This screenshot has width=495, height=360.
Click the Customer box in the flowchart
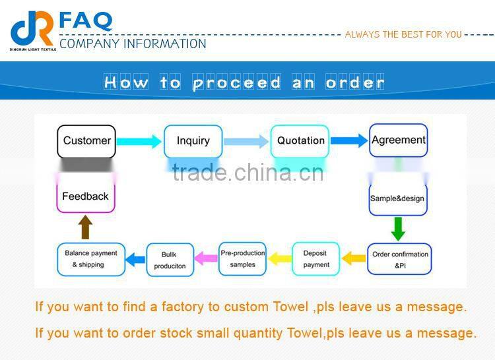(86, 140)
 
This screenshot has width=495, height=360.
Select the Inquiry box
(193, 140)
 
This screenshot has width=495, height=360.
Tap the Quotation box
(300, 140)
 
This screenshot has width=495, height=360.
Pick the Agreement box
(398, 140)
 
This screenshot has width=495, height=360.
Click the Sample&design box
(397, 198)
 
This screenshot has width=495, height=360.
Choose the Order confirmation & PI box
(400, 258)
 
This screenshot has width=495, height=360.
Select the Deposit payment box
(315, 258)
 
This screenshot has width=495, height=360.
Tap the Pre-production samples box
(242, 258)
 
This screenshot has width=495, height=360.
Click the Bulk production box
(170, 259)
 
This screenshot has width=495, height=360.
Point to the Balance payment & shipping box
(90, 258)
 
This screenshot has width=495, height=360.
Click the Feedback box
(85, 196)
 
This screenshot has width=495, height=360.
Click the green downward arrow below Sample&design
(398, 228)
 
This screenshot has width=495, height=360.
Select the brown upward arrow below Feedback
(85, 227)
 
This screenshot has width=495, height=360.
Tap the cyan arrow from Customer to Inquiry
(139, 141)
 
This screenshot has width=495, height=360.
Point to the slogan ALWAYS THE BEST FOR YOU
(403, 34)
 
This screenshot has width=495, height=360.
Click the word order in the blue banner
(355, 82)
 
